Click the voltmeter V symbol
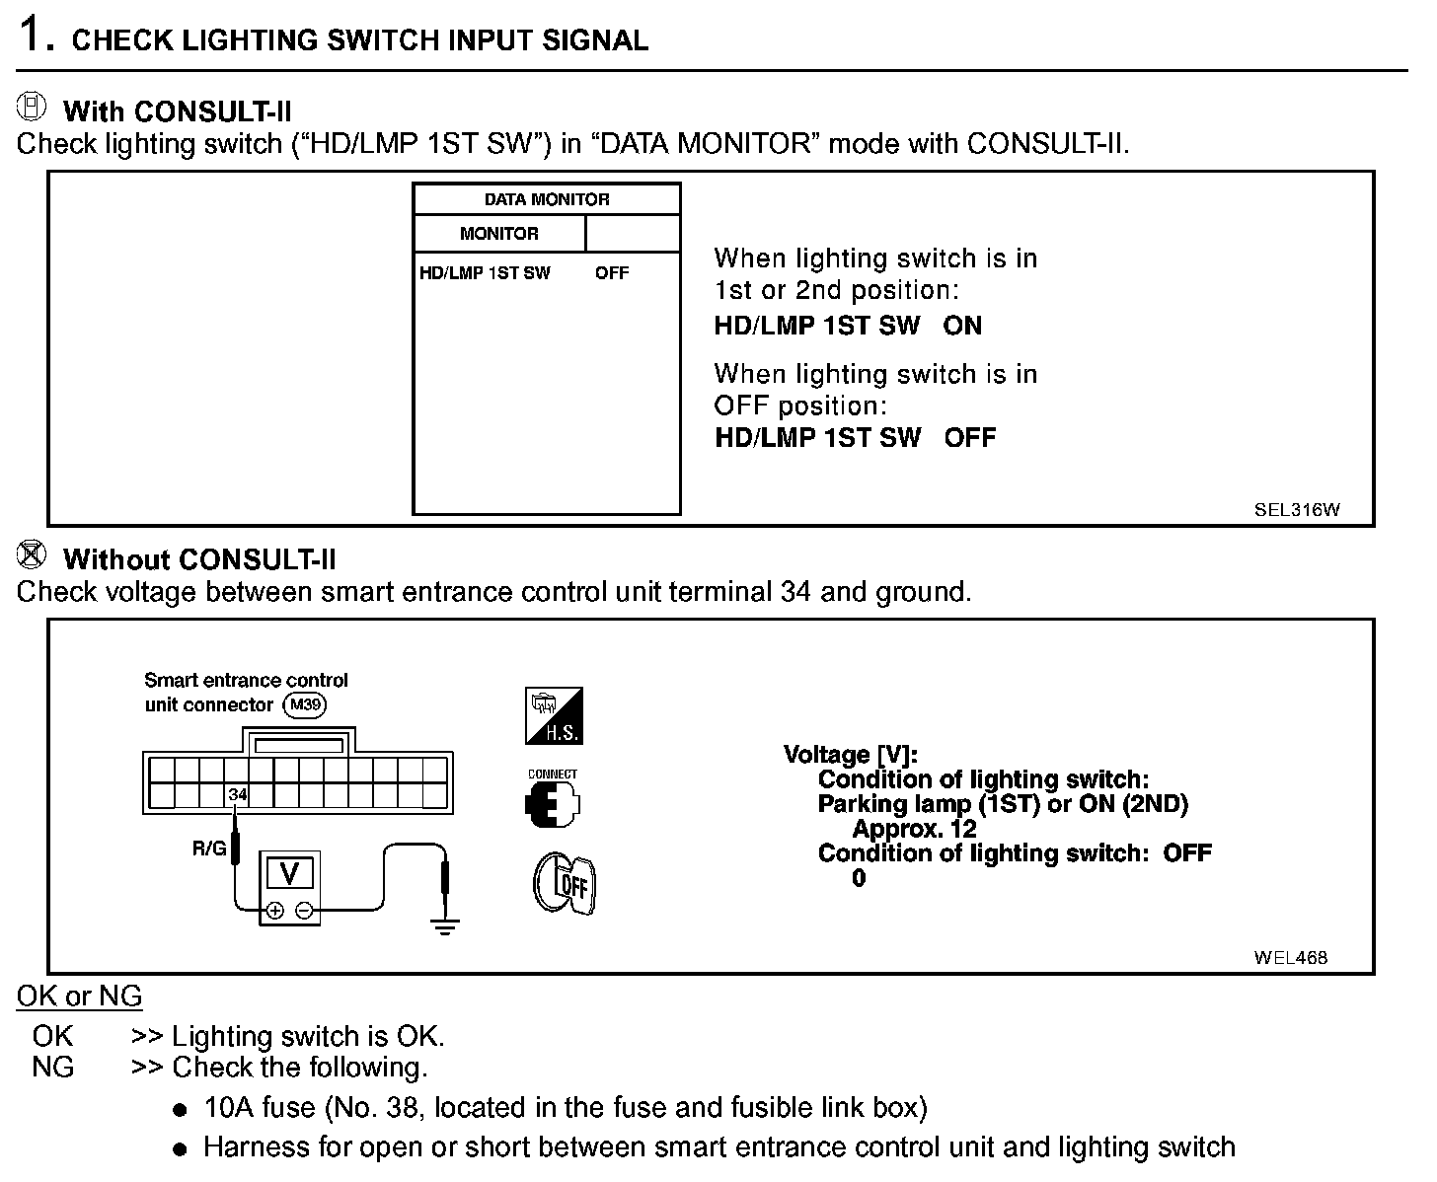point(290,873)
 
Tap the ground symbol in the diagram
point(445,924)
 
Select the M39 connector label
point(304,704)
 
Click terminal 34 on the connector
point(237,794)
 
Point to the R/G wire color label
point(209,847)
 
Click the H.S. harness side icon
point(554,715)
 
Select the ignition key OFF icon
point(566,884)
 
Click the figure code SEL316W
point(1297,510)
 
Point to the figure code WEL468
point(1291,957)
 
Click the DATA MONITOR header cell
point(547,199)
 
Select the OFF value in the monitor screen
point(612,273)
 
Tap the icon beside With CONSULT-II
point(34,107)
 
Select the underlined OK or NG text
point(79,997)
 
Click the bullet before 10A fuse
point(180,1110)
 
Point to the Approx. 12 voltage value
point(914,830)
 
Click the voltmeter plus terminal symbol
point(275,911)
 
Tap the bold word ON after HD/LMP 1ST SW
point(962,326)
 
